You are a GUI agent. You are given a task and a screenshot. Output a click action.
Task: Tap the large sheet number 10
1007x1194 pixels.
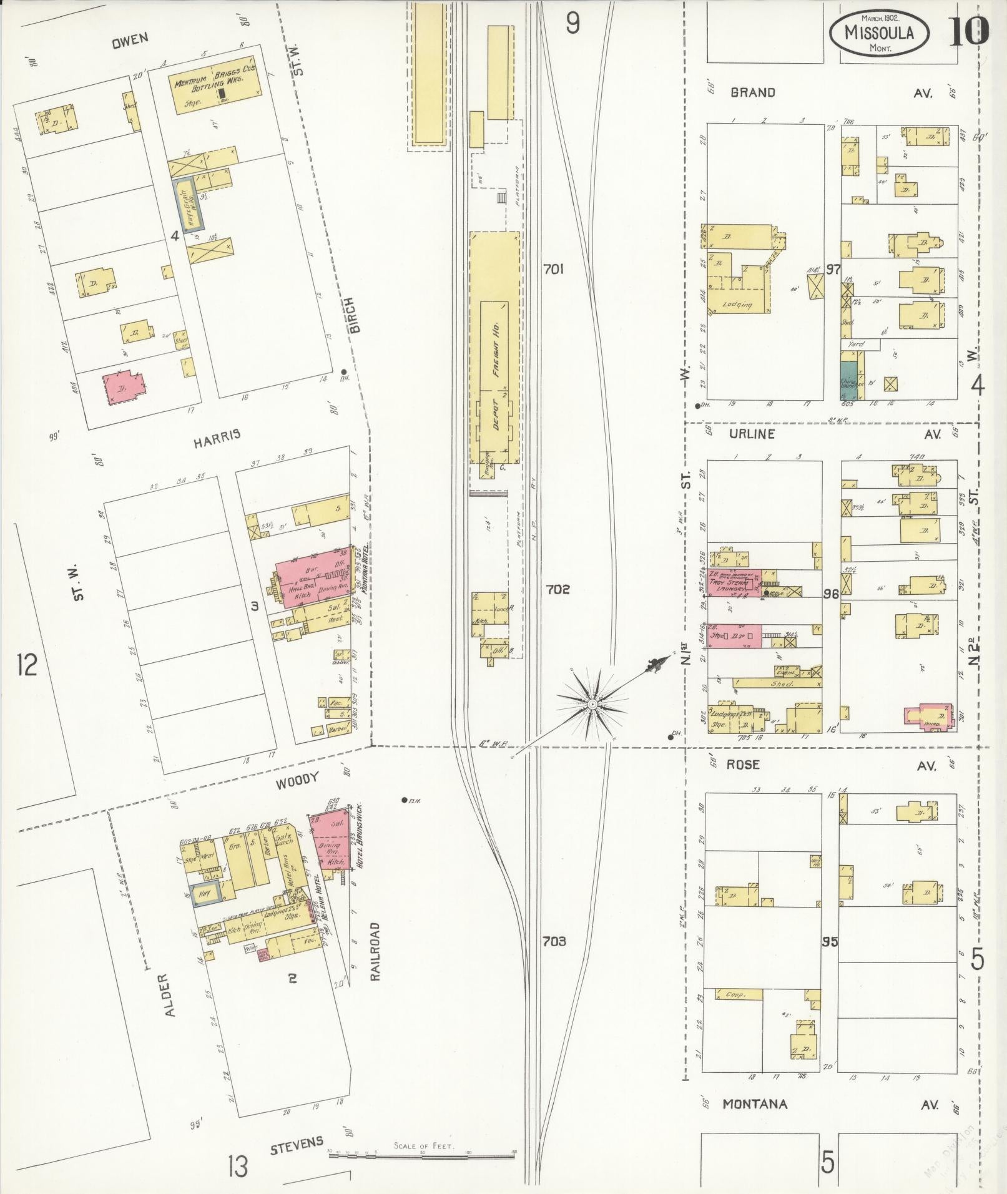tap(969, 32)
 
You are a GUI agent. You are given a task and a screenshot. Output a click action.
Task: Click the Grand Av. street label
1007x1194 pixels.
tap(752, 93)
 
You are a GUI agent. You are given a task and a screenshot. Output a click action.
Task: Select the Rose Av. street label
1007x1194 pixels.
tap(743, 765)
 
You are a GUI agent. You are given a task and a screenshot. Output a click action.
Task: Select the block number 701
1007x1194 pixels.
tap(553, 270)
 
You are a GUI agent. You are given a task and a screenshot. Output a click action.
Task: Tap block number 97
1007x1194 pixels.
tap(832, 270)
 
